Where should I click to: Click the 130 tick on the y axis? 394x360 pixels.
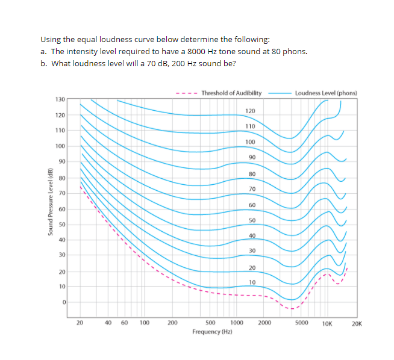coord(60,99)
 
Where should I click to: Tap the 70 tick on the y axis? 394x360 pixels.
coord(61,193)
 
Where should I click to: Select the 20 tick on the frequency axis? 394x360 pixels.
coord(80,323)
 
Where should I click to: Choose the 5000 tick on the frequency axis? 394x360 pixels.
coord(302,323)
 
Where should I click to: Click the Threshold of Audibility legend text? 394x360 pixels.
coord(231,93)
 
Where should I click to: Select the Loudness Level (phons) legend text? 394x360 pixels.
coord(326,93)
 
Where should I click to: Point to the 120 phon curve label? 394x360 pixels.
coord(251,111)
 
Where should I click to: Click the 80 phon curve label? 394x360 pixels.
coord(252,174)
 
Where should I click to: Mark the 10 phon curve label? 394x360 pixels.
coord(252,282)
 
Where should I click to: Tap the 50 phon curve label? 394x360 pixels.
coord(252,221)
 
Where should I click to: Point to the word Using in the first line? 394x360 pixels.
coord(49,39)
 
